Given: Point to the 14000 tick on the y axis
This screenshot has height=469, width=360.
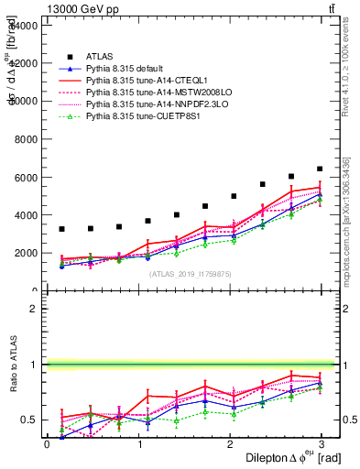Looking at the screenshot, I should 22,25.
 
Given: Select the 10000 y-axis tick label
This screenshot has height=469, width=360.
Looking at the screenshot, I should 22,101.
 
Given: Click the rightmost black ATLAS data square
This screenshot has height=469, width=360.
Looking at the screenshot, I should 320,169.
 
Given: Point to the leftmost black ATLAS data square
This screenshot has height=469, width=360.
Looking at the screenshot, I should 61,229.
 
